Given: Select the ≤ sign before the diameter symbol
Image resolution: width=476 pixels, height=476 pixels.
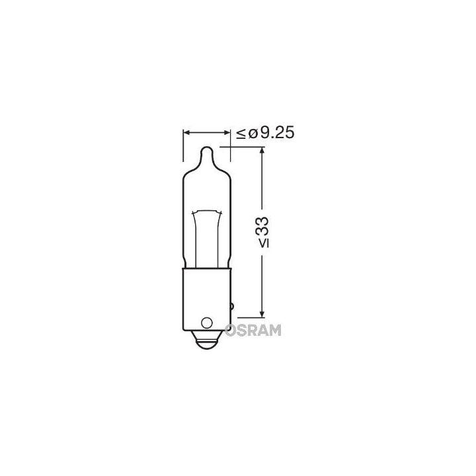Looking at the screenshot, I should [241, 134].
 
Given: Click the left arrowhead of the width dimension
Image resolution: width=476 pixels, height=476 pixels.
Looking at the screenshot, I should [186, 133].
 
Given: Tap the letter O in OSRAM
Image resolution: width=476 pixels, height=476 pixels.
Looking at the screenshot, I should [235, 329].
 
